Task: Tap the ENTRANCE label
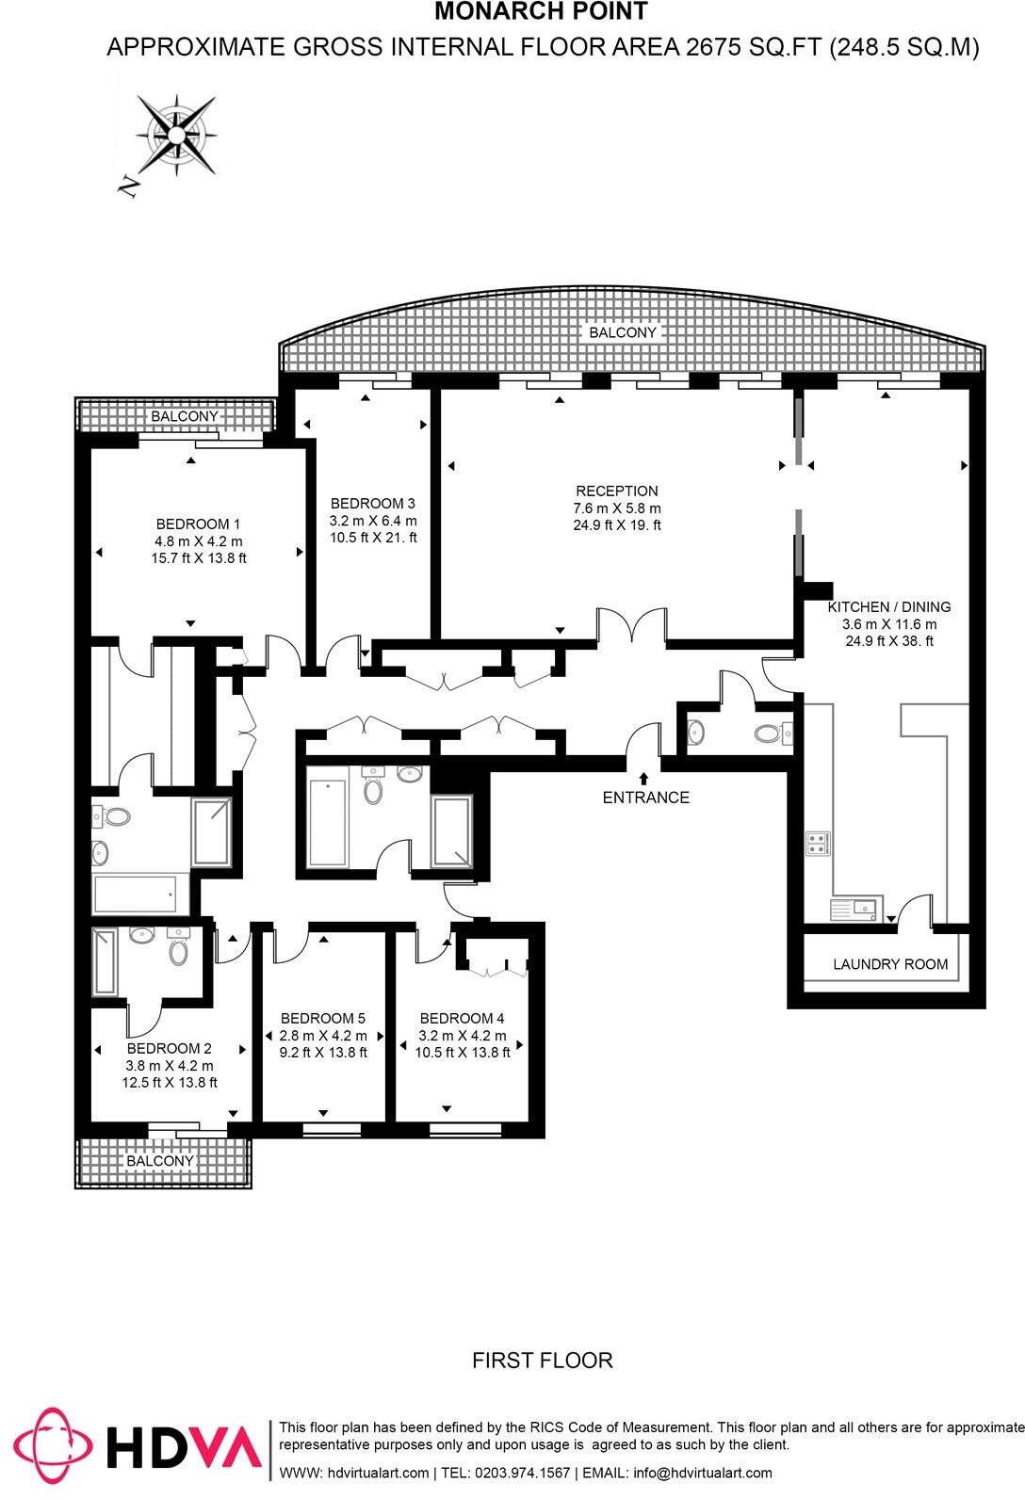[645, 798]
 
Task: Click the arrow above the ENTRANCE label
[643, 778]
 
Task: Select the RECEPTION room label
[617, 491]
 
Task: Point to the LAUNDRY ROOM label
[890, 964]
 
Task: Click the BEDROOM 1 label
[198, 524]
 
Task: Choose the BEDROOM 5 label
[323, 1018]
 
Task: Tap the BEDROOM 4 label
[462, 1018]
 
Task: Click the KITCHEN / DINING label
[889, 607]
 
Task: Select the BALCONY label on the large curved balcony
[622, 332]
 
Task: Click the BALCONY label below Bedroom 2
[159, 1161]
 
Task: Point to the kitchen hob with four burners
[817, 843]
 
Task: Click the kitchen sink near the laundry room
[853, 909]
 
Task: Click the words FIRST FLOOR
[542, 1361]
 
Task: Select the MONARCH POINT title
[541, 12]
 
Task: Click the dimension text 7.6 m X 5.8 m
[617, 508]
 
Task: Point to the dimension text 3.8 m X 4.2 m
[170, 1066]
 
